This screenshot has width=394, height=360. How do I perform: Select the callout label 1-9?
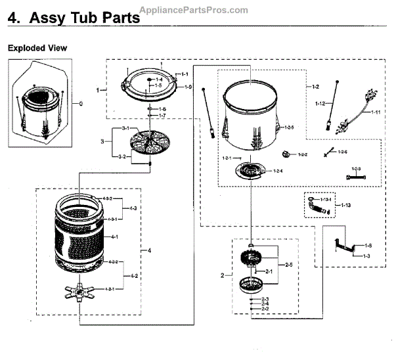click(x=187, y=87)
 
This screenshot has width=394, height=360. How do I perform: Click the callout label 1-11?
click(x=376, y=112)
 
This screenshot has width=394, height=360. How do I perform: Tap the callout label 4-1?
click(x=114, y=236)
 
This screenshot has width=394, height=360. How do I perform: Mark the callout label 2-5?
click(x=288, y=265)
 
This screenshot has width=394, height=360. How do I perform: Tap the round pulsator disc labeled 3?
click(x=150, y=141)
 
